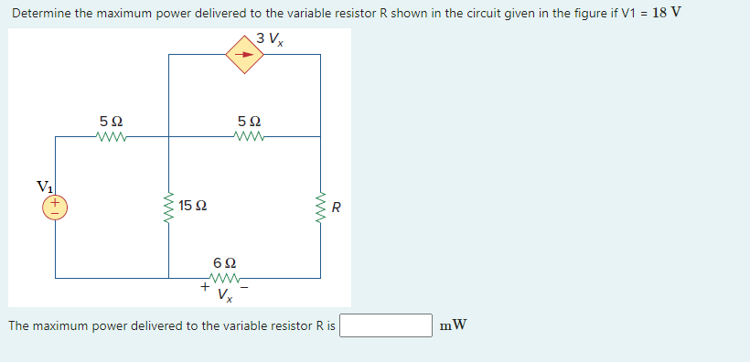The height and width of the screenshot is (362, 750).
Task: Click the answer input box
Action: (x=386, y=325)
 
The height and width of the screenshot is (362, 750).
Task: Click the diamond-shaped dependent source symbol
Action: (x=244, y=54)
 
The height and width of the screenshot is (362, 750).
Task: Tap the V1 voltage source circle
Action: (x=54, y=207)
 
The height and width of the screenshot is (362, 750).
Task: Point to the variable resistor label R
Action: (x=337, y=208)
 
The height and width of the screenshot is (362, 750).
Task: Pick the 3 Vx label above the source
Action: (x=271, y=38)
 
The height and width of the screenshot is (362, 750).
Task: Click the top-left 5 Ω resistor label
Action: (x=111, y=122)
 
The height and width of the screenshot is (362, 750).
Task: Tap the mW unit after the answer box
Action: (x=453, y=325)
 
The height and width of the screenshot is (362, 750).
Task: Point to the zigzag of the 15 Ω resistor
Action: (x=168, y=207)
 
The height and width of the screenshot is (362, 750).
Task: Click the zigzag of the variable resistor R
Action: (x=320, y=207)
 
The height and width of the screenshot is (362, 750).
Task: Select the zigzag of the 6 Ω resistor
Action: (x=224, y=279)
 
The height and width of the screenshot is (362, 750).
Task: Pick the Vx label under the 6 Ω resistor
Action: (x=225, y=294)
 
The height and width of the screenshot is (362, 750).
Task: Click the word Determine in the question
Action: (x=42, y=13)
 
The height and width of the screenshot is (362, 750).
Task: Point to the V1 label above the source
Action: (x=45, y=186)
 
